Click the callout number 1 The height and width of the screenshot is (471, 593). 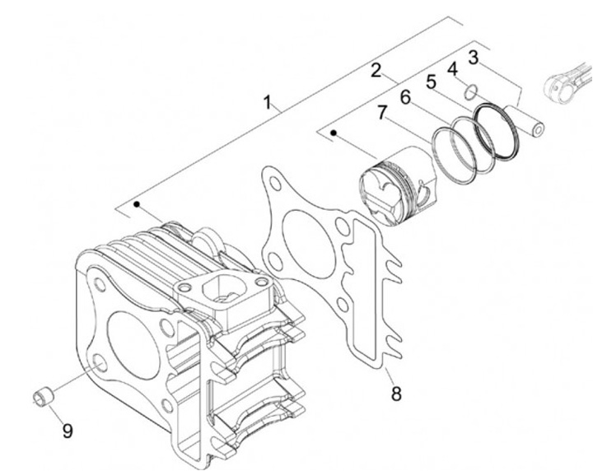click(268, 102)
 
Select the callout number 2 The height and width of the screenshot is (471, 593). click(376, 71)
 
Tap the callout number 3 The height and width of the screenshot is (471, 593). click(473, 58)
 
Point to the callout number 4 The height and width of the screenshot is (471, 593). click(452, 69)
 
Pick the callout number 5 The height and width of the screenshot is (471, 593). click(431, 82)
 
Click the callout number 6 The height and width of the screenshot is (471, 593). click(405, 97)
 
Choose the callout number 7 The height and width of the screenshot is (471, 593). click(382, 113)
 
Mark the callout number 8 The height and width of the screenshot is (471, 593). click(396, 394)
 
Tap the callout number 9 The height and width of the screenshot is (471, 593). click(68, 431)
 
